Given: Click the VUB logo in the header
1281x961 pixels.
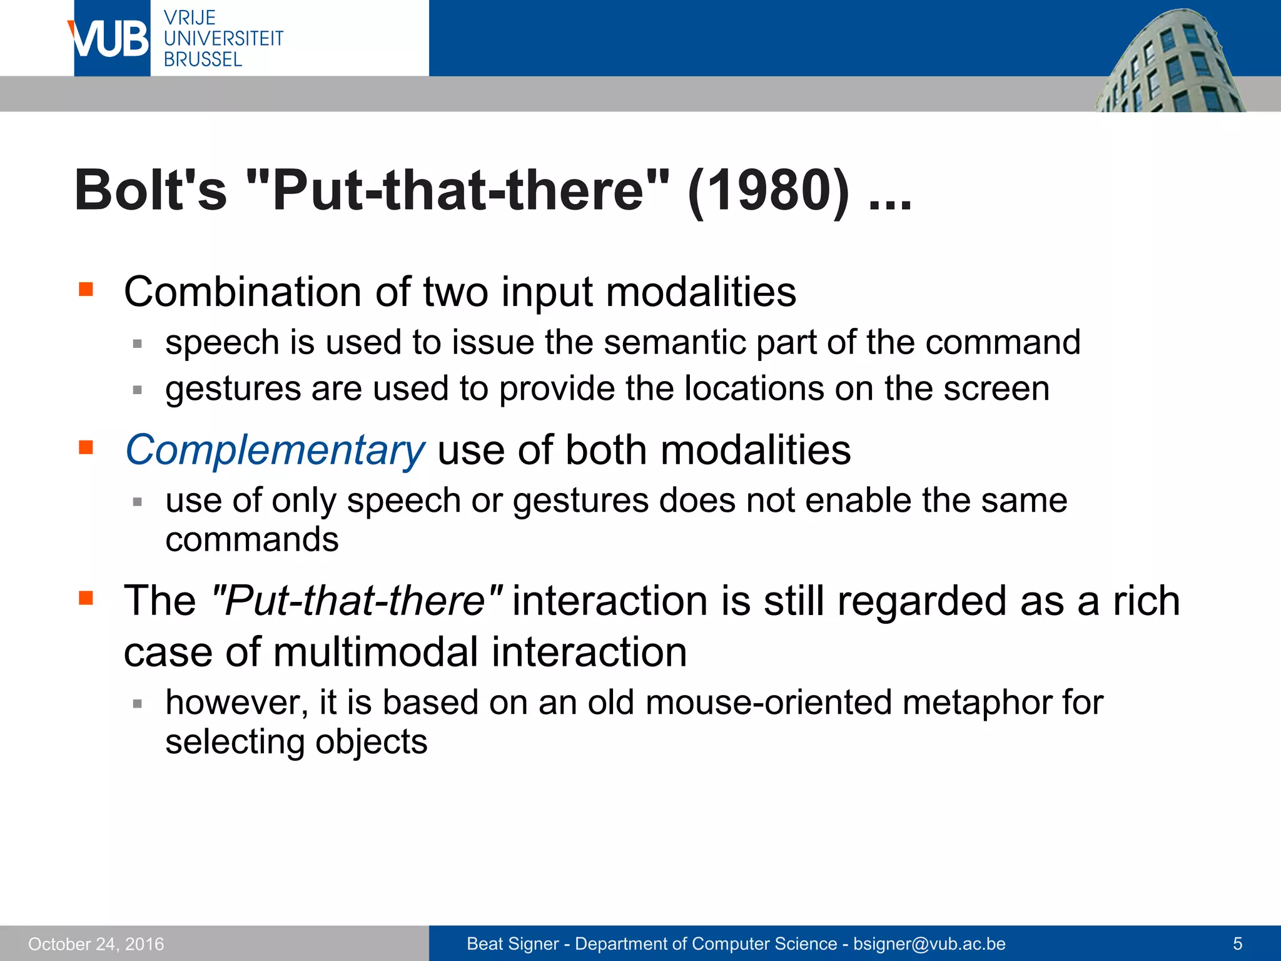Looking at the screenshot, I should (110, 39).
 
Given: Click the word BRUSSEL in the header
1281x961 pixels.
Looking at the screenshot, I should (203, 60).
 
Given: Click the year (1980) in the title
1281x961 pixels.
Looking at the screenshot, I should (768, 191).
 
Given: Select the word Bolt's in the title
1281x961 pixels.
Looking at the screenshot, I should (151, 191).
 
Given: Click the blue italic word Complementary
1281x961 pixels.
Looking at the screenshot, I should (275, 450).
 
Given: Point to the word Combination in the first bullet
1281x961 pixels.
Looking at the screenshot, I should (243, 292).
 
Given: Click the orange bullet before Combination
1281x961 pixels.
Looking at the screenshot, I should (86, 289).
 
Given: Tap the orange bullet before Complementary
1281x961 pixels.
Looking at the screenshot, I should (86, 447).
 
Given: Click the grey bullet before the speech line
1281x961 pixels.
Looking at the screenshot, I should (138, 343).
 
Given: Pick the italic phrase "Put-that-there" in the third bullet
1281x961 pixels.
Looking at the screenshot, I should (357, 601).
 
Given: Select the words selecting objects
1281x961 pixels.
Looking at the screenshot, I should (296, 743).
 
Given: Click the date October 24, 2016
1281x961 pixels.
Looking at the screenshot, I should (96, 944).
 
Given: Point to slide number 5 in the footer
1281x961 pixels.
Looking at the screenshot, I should (1237, 944).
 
